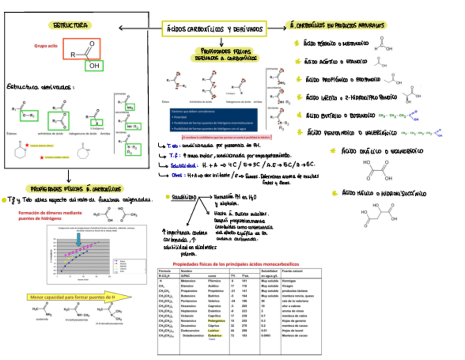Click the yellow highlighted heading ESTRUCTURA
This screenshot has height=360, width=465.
coord(70,25)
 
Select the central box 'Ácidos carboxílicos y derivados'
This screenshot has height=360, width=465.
coord(214,29)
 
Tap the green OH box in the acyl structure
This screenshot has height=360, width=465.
coord(94,66)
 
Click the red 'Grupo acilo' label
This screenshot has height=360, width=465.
coord(46,47)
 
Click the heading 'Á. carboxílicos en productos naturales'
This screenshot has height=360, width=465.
coord(338,25)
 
